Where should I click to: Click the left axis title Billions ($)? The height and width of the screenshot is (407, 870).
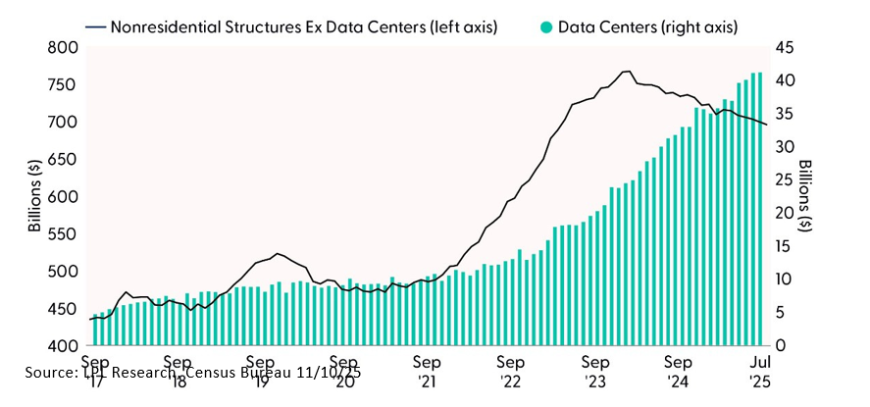coord(34,197)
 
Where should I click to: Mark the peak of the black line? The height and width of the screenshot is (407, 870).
coord(626,72)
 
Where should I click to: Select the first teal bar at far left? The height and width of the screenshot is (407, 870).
coord(94,331)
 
